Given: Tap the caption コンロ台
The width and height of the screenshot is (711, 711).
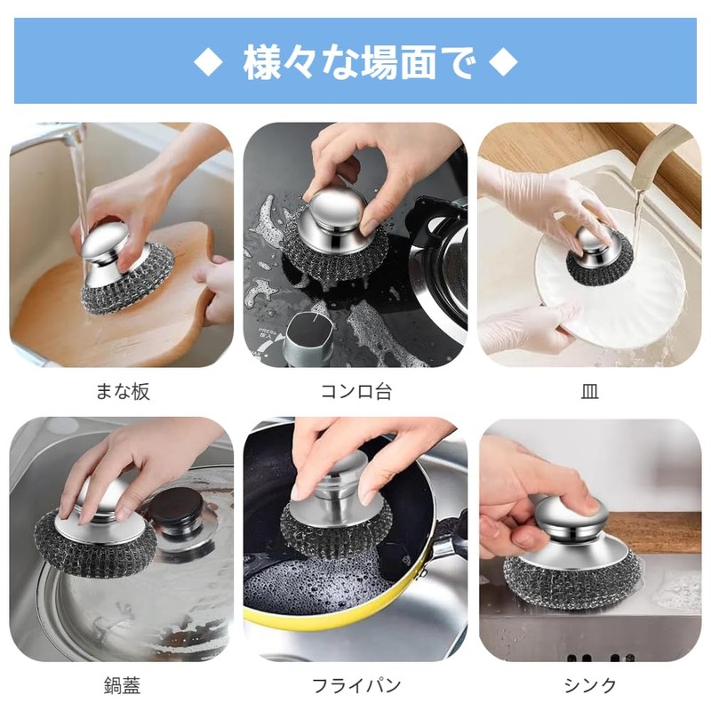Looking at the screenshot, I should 355,391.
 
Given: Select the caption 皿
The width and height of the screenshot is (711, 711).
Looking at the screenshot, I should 590,391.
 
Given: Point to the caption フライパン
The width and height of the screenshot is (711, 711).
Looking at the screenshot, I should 355,685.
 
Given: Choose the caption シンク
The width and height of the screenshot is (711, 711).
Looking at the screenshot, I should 590,685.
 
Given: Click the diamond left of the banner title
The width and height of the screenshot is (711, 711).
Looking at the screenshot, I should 206,61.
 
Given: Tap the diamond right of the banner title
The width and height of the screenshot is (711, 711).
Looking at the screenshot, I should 504,61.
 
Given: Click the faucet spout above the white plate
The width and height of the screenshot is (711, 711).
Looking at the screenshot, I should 662,147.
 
